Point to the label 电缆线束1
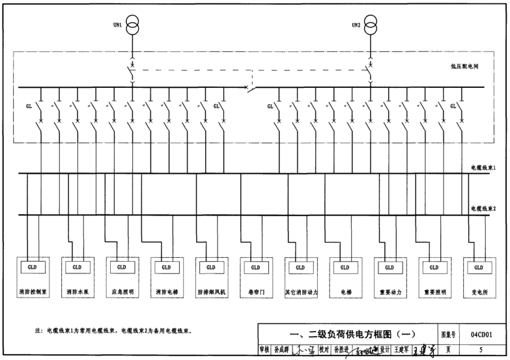[x=484, y=168]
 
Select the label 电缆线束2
[x=484, y=209]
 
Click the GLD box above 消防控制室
[x=32, y=268]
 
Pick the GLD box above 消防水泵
[x=77, y=268]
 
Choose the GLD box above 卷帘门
[x=255, y=268]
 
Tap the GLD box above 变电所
[x=479, y=268]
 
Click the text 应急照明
[x=122, y=292]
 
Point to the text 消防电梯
[x=166, y=292]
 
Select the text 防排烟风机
[x=211, y=292]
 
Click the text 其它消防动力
[x=300, y=292]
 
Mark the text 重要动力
[x=390, y=292]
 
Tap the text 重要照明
[x=434, y=292]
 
